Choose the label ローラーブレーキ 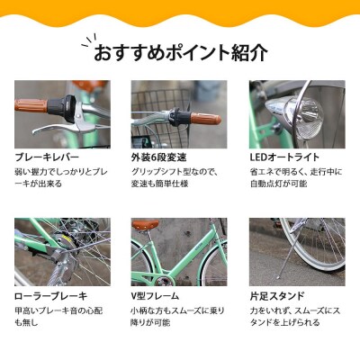[50, 294]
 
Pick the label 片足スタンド [277, 294]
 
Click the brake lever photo [62, 114]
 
